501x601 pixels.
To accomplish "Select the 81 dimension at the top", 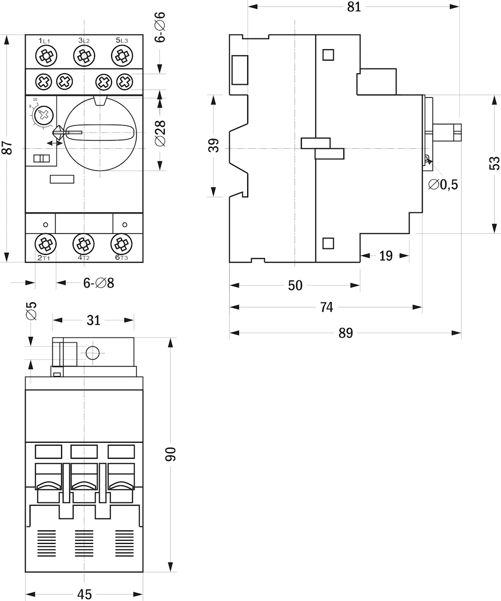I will [354, 7].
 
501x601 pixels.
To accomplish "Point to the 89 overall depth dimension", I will [345, 333].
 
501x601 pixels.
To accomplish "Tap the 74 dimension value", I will [326, 307].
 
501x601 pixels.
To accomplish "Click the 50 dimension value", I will [295, 285].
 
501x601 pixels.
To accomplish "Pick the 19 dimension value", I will [385, 256].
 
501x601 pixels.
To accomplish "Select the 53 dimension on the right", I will [494, 163].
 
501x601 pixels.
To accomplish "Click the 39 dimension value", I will [214, 146].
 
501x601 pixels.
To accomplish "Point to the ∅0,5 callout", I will [443, 185].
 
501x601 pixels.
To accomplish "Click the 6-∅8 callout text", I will [99, 283].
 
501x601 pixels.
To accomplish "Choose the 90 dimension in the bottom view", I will [171, 454].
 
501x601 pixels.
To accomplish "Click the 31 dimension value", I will [94, 320].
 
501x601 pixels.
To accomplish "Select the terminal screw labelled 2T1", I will [46, 244].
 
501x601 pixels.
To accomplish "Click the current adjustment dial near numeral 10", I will [45, 115].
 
